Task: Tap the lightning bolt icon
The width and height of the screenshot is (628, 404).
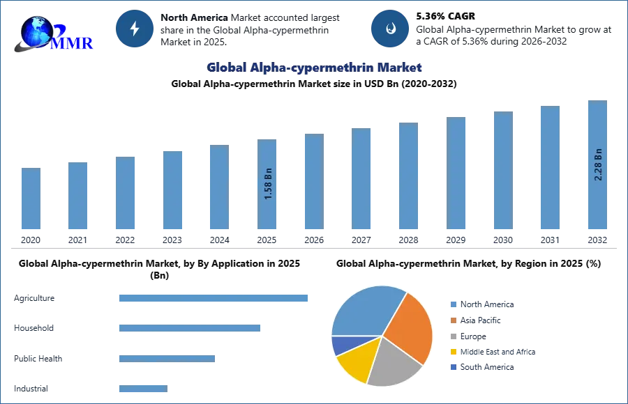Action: [x=134, y=29]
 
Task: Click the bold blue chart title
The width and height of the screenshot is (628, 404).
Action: [x=315, y=68]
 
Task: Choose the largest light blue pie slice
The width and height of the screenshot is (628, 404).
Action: [x=363, y=310]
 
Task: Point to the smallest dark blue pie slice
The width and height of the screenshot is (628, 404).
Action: [x=343, y=344]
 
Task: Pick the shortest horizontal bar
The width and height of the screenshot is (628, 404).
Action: [x=142, y=390]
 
